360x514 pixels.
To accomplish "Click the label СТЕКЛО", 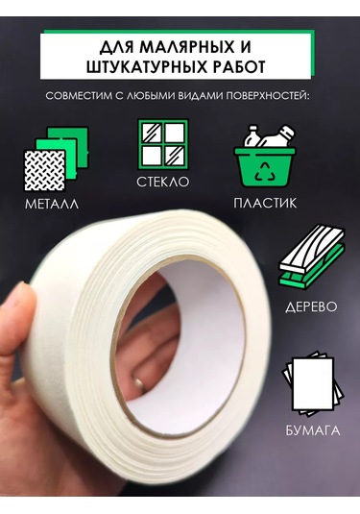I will (x=162, y=181).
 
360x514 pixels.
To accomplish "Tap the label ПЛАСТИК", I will (x=265, y=204).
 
